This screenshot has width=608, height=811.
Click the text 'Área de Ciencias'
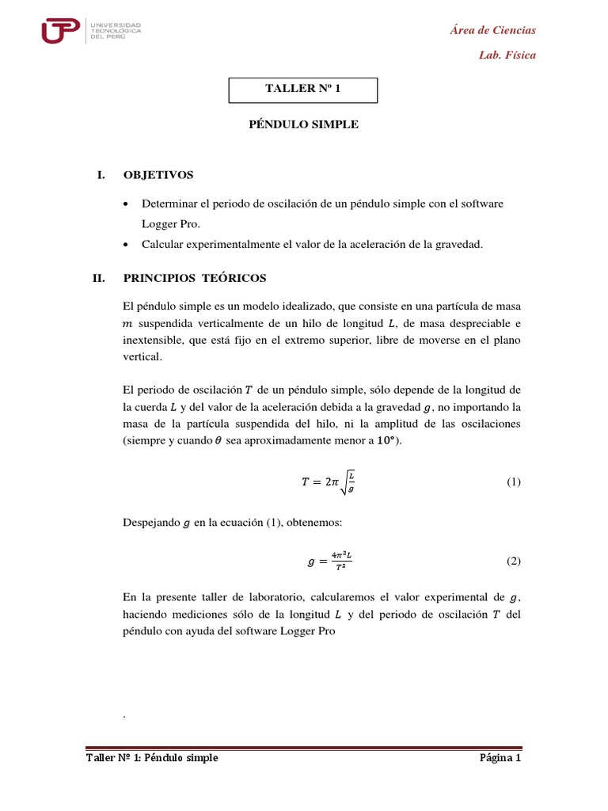tap(492, 30)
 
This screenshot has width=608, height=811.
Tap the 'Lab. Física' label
tap(507, 55)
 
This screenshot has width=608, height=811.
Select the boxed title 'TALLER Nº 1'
tap(302, 89)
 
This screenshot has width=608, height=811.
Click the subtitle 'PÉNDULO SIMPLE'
tap(304, 124)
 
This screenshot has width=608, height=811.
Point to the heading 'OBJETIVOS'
tap(158, 174)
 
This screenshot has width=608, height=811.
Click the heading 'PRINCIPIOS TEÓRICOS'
tap(195, 278)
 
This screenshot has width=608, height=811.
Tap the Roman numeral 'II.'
tap(99, 278)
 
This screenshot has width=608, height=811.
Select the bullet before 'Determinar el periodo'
tap(127, 204)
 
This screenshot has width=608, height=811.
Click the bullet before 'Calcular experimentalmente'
tap(127, 246)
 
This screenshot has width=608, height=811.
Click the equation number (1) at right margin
tap(513, 482)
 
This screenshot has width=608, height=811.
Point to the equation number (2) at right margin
tap(513, 562)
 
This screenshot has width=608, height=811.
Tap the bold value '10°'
tap(386, 441)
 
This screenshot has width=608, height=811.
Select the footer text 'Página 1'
tap(500, 758)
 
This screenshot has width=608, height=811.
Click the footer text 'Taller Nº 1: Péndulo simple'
tap(153, 758)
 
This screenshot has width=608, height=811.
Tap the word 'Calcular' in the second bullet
tap(161, 245)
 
